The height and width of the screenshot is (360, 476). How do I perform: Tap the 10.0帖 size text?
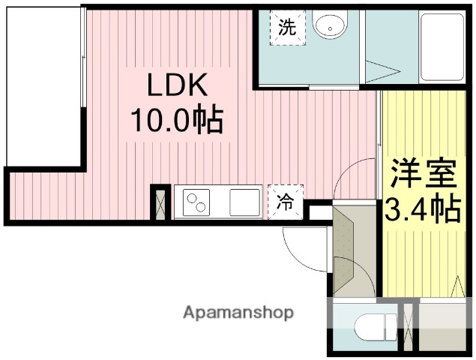tap(177, 120)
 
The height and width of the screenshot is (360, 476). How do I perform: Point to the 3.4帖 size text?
tap(423, 210)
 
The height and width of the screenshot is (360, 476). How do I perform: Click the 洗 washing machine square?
tap(287, 28)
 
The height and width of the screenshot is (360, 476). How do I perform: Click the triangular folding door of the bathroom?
tap(382, 72)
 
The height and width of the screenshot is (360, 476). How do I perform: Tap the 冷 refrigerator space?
tap(286, 201)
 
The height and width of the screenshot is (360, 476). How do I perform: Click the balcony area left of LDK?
tap(42, 86)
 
